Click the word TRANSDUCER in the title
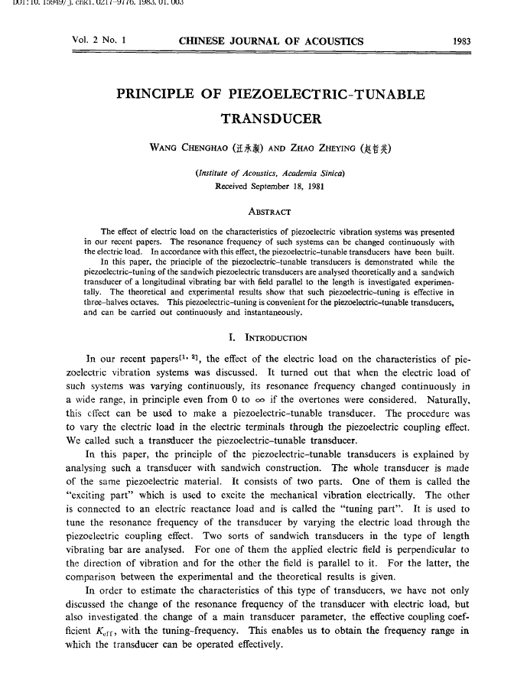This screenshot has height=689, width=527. (270, 119)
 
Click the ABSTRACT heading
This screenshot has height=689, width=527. (270, 211)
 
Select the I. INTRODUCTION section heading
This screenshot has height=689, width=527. (268, 336)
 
